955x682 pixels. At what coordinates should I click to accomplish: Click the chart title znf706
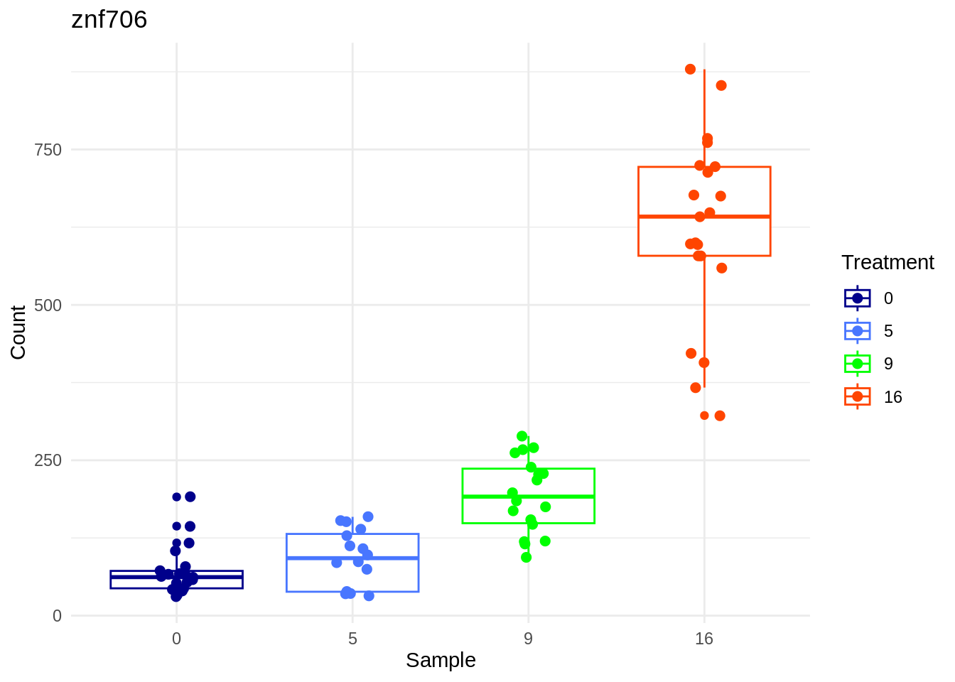click(109, 20)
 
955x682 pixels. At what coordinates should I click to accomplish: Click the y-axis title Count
click(18, 332)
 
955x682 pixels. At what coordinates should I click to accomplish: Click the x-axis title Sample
click(441, 660)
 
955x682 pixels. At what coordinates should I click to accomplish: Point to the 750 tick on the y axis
click(48, 150)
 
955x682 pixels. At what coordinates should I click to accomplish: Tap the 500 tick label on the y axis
click(48, 305)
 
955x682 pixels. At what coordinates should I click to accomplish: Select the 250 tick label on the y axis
click(48, 460)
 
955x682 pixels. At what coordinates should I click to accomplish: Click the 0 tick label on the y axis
click(57, 616)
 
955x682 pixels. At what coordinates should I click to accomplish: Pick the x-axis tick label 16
click(703, 639)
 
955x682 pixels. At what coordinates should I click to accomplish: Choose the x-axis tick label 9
click(528, 639)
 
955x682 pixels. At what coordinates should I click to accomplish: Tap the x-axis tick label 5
click(352, 639)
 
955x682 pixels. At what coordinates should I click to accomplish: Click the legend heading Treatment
click(887, 263)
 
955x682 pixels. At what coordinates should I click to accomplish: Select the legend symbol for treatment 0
click(858, 298)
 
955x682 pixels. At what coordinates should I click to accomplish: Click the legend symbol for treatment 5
click(858, 331)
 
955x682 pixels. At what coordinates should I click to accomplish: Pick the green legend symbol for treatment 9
click(858, 364)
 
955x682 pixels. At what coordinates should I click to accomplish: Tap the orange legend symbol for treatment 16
click(858, 396)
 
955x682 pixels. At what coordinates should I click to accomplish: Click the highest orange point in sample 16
click(690, 69)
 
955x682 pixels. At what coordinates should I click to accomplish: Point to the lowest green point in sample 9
click(526, 557)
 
